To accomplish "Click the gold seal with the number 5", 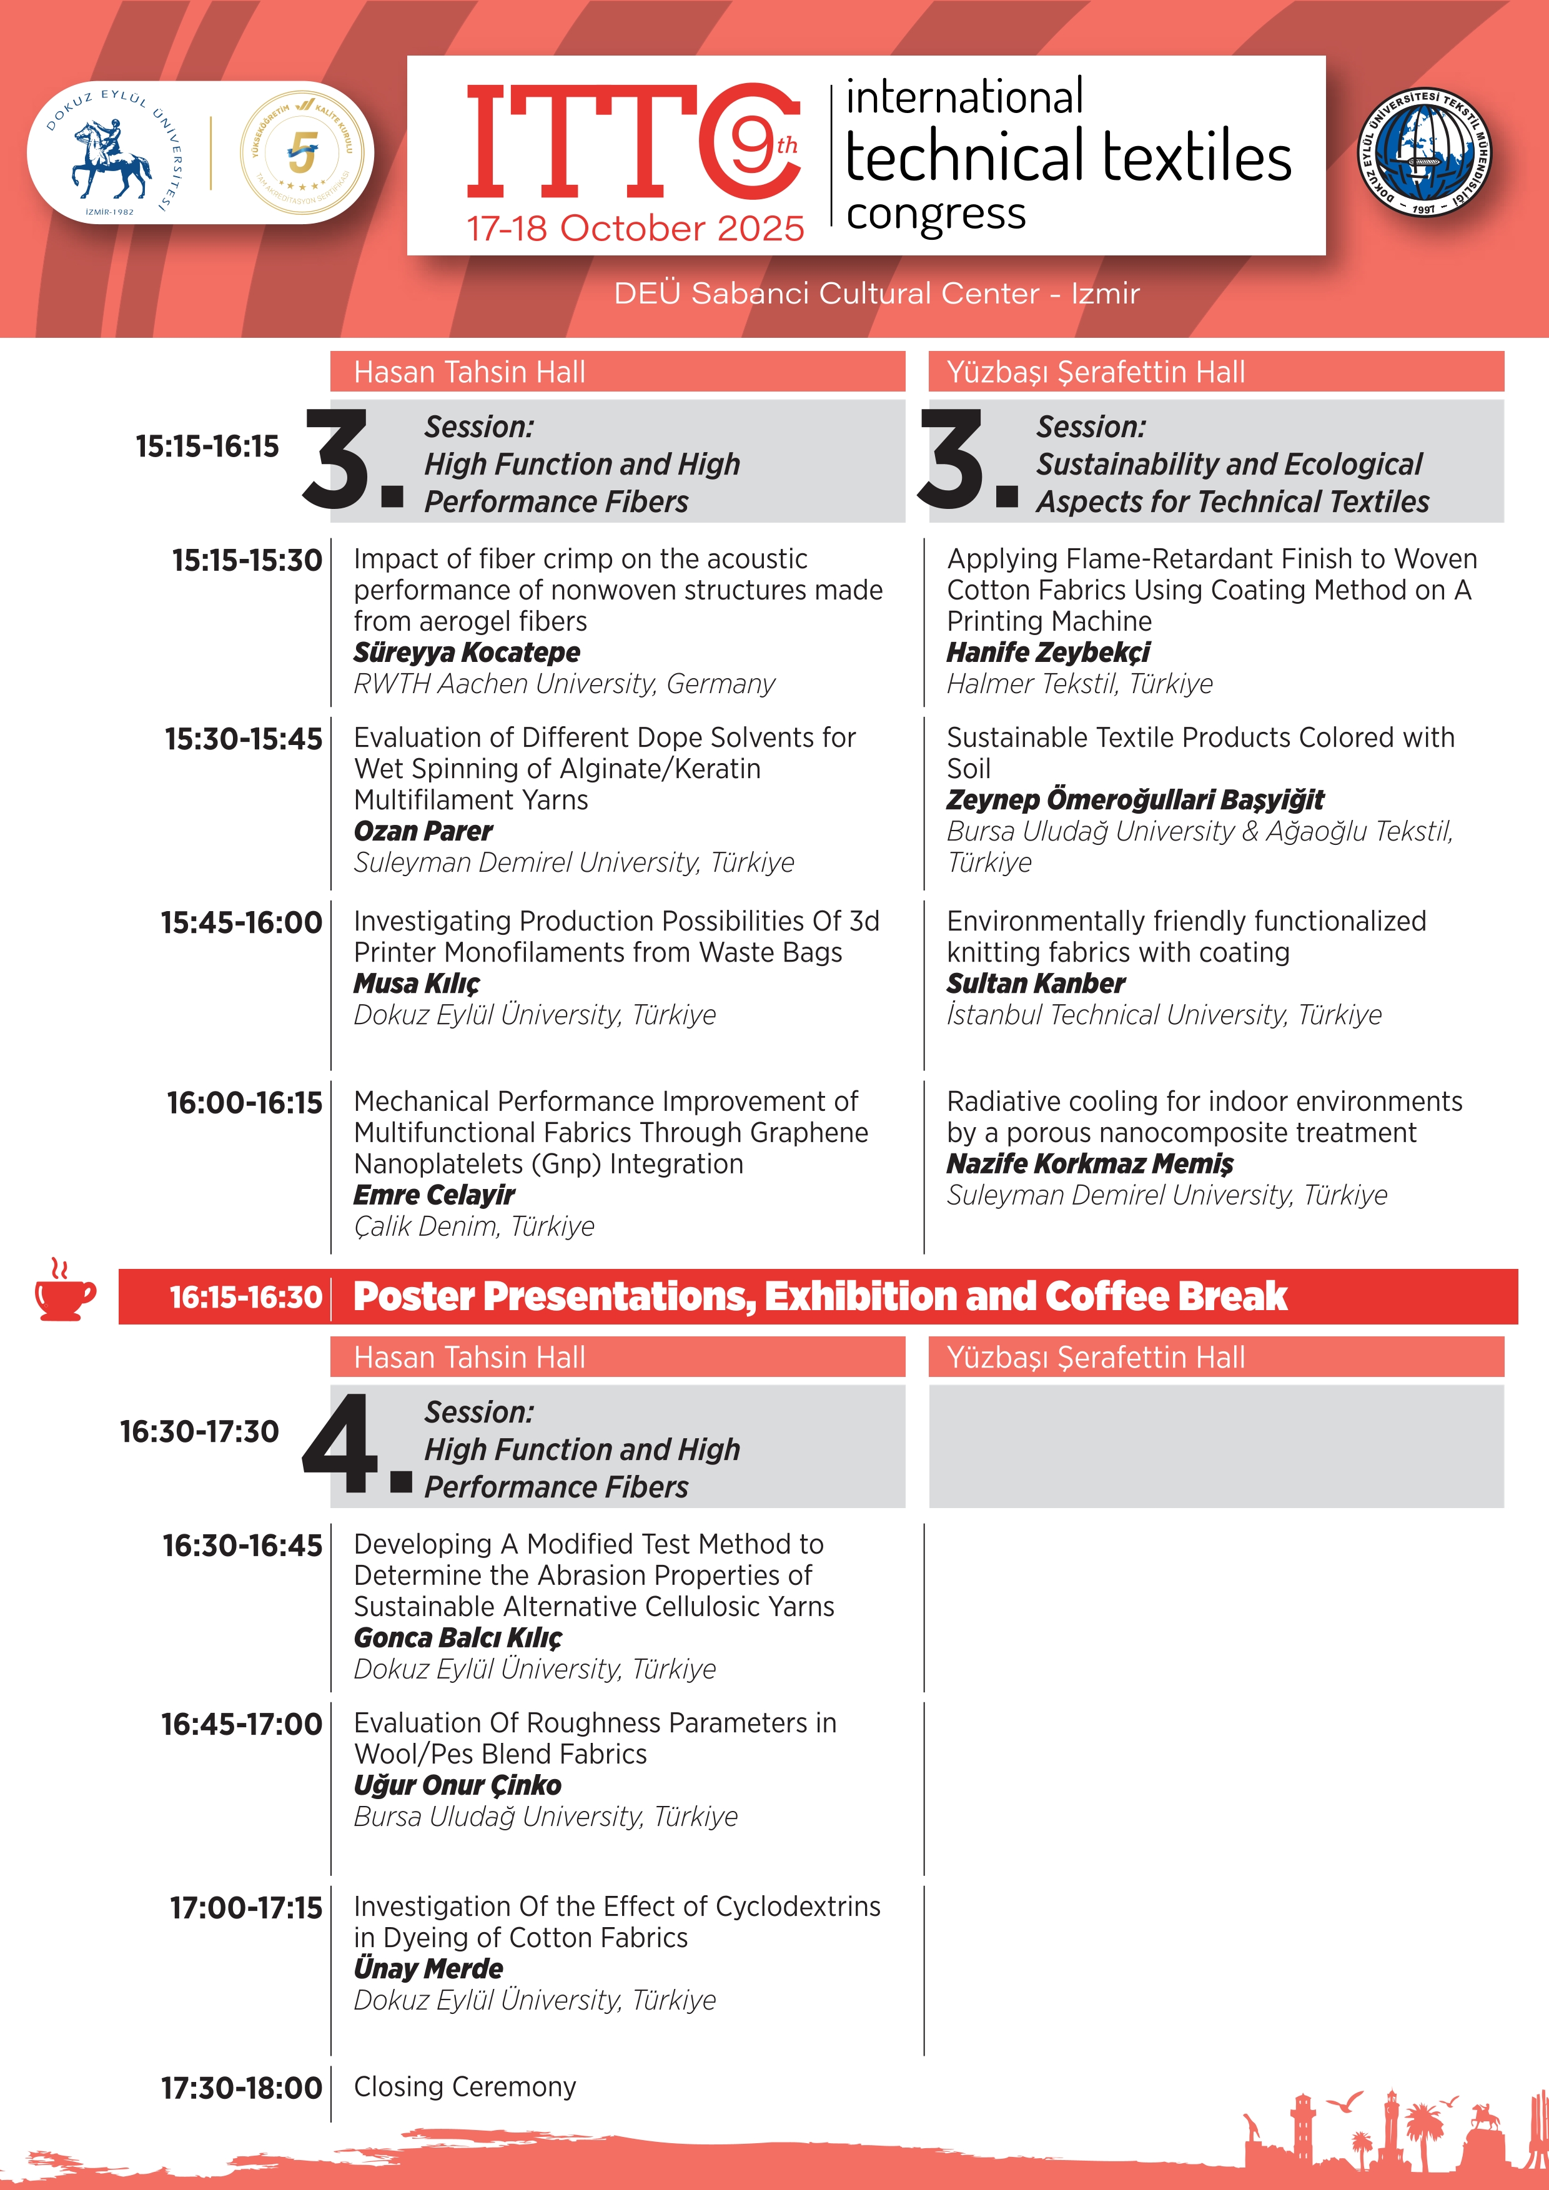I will pos(302,152).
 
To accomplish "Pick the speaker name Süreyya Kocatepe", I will pos(467,653).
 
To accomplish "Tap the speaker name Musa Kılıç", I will pos(416,984).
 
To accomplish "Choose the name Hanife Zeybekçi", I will pos(1047,653).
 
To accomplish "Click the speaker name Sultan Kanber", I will pos(1036,984).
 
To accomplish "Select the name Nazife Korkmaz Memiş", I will pos(1089,1163).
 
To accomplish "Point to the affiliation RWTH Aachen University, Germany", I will pos(564,684).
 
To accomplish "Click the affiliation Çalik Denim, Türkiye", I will pos(474,1226).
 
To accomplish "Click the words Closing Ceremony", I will pos(465,2086).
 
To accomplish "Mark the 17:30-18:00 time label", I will pos(241,2088).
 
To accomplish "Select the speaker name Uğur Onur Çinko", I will pos(457,1785).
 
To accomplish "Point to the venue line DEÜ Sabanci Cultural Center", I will pos(876,293).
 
